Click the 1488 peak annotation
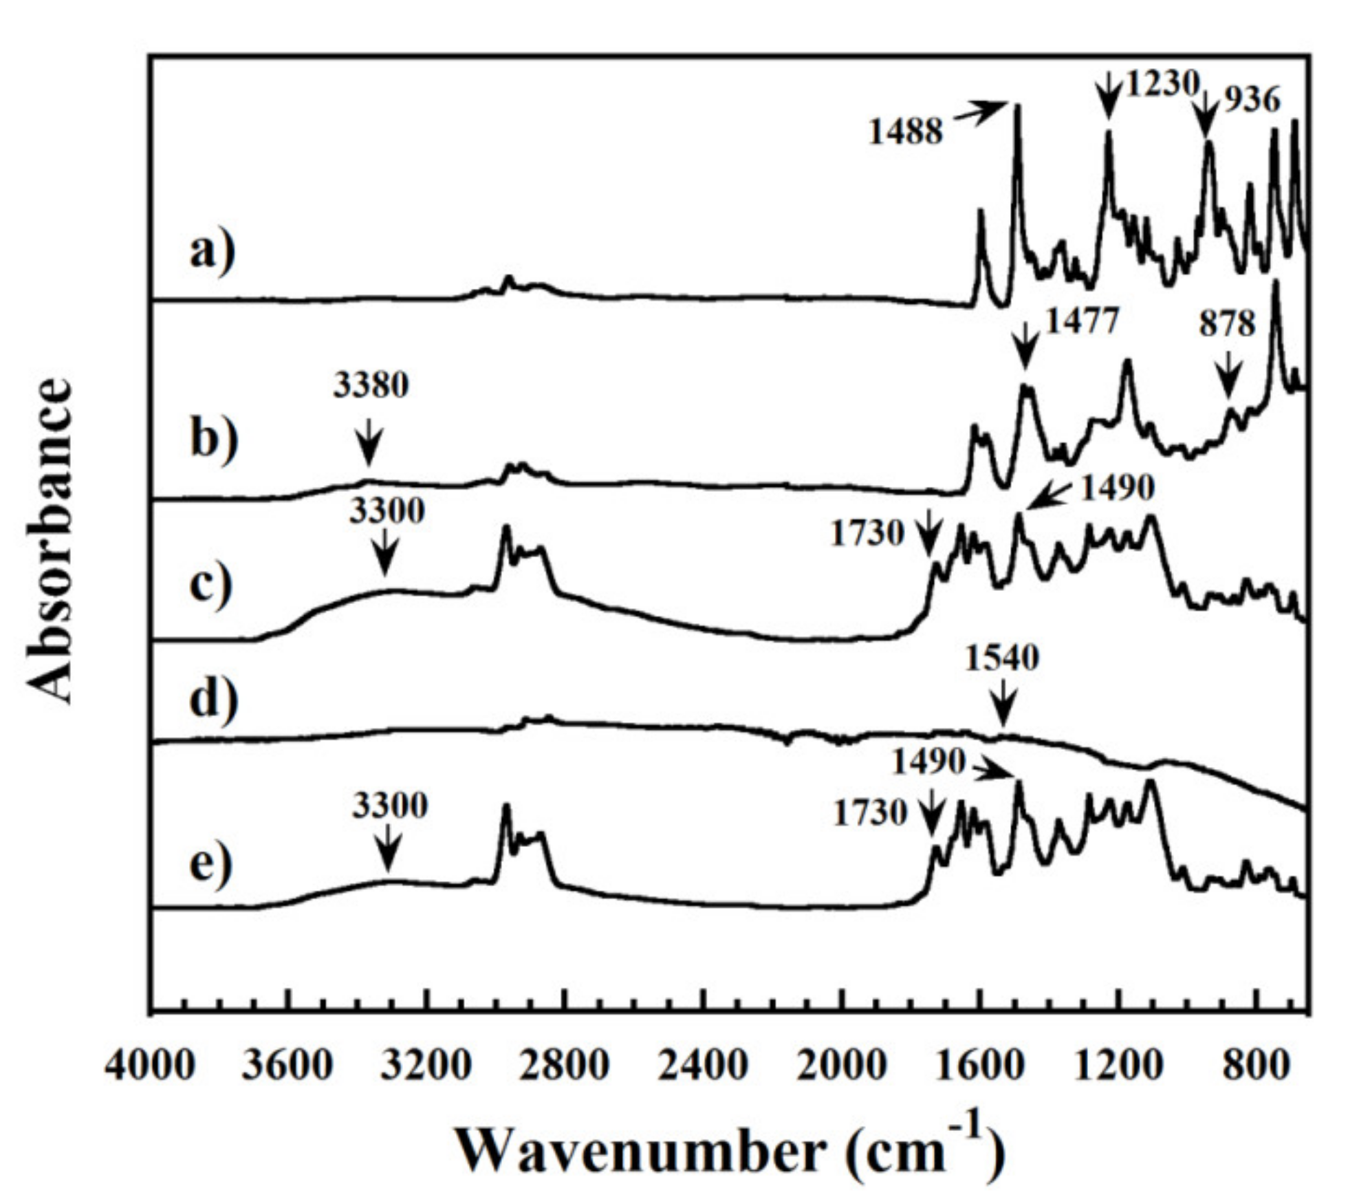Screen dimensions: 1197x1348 tap(905, 131)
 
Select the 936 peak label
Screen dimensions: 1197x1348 tap(1252, 100)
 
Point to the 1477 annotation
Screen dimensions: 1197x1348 tap(1083, 321)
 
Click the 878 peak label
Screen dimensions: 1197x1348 tap(1228, 323)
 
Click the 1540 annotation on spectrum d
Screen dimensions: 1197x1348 tap(1001, 658)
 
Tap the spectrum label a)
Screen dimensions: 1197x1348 tap(213, 251)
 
